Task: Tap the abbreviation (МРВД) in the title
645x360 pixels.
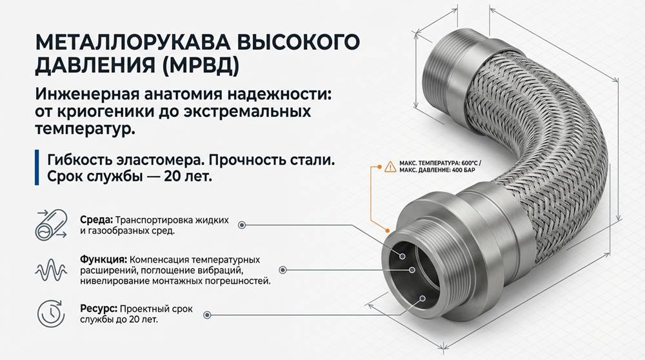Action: [x=201, y=65]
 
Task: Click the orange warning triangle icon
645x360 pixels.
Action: [x=390, y=166]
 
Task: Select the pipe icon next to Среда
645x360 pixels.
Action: [x=51, y=225]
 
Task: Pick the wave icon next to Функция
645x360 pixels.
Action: [x=51, y=270]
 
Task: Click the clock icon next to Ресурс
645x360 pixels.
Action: [x=51, y=314]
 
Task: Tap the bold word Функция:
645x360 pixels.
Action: [x=103, y=260]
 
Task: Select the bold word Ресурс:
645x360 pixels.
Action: [x=99, y=308]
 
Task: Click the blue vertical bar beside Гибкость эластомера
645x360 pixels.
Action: [x=37, y=168]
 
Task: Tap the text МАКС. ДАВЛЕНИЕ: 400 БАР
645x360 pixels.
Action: [x=437, y=170]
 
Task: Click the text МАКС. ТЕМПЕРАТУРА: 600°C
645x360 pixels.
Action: [x=438, y=163]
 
